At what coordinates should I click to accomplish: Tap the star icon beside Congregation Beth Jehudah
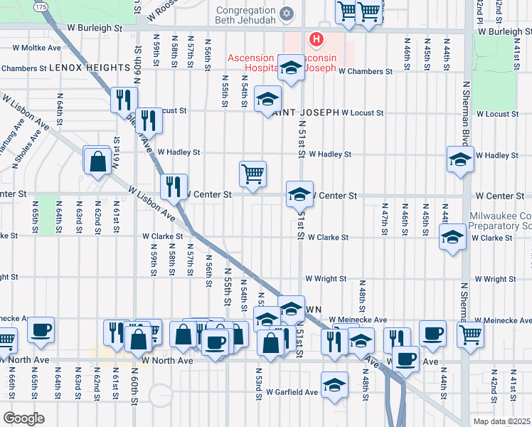(x=287, y=13)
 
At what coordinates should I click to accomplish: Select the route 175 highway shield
(x=41, y=6)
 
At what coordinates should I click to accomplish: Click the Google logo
(x=23, y=418)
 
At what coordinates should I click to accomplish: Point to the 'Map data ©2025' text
(x=502, y=421)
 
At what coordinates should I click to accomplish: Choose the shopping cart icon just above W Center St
(x=252, y=173)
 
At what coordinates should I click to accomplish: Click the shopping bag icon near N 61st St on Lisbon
(x=97, y=159)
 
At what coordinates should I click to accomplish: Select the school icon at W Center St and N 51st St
(x=299, y=193)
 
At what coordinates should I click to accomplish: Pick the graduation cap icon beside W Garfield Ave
(x=334, y=384)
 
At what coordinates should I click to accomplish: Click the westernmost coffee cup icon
(x=41, y=330)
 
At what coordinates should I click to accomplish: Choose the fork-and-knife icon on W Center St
(x=174, y=187)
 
